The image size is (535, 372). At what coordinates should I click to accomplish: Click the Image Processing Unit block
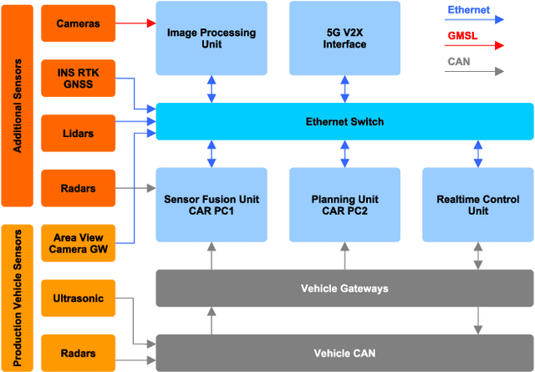tap(211, 38)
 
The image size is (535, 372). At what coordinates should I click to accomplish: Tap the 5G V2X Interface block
tap(344, 38)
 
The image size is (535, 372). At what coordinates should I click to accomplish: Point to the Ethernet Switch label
tap(344, 122)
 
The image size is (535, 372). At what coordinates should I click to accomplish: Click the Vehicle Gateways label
tap(344, 288)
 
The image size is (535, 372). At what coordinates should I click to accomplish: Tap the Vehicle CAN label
tap(344, 353)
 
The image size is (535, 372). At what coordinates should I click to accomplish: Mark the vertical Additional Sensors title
tap(18, 105)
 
